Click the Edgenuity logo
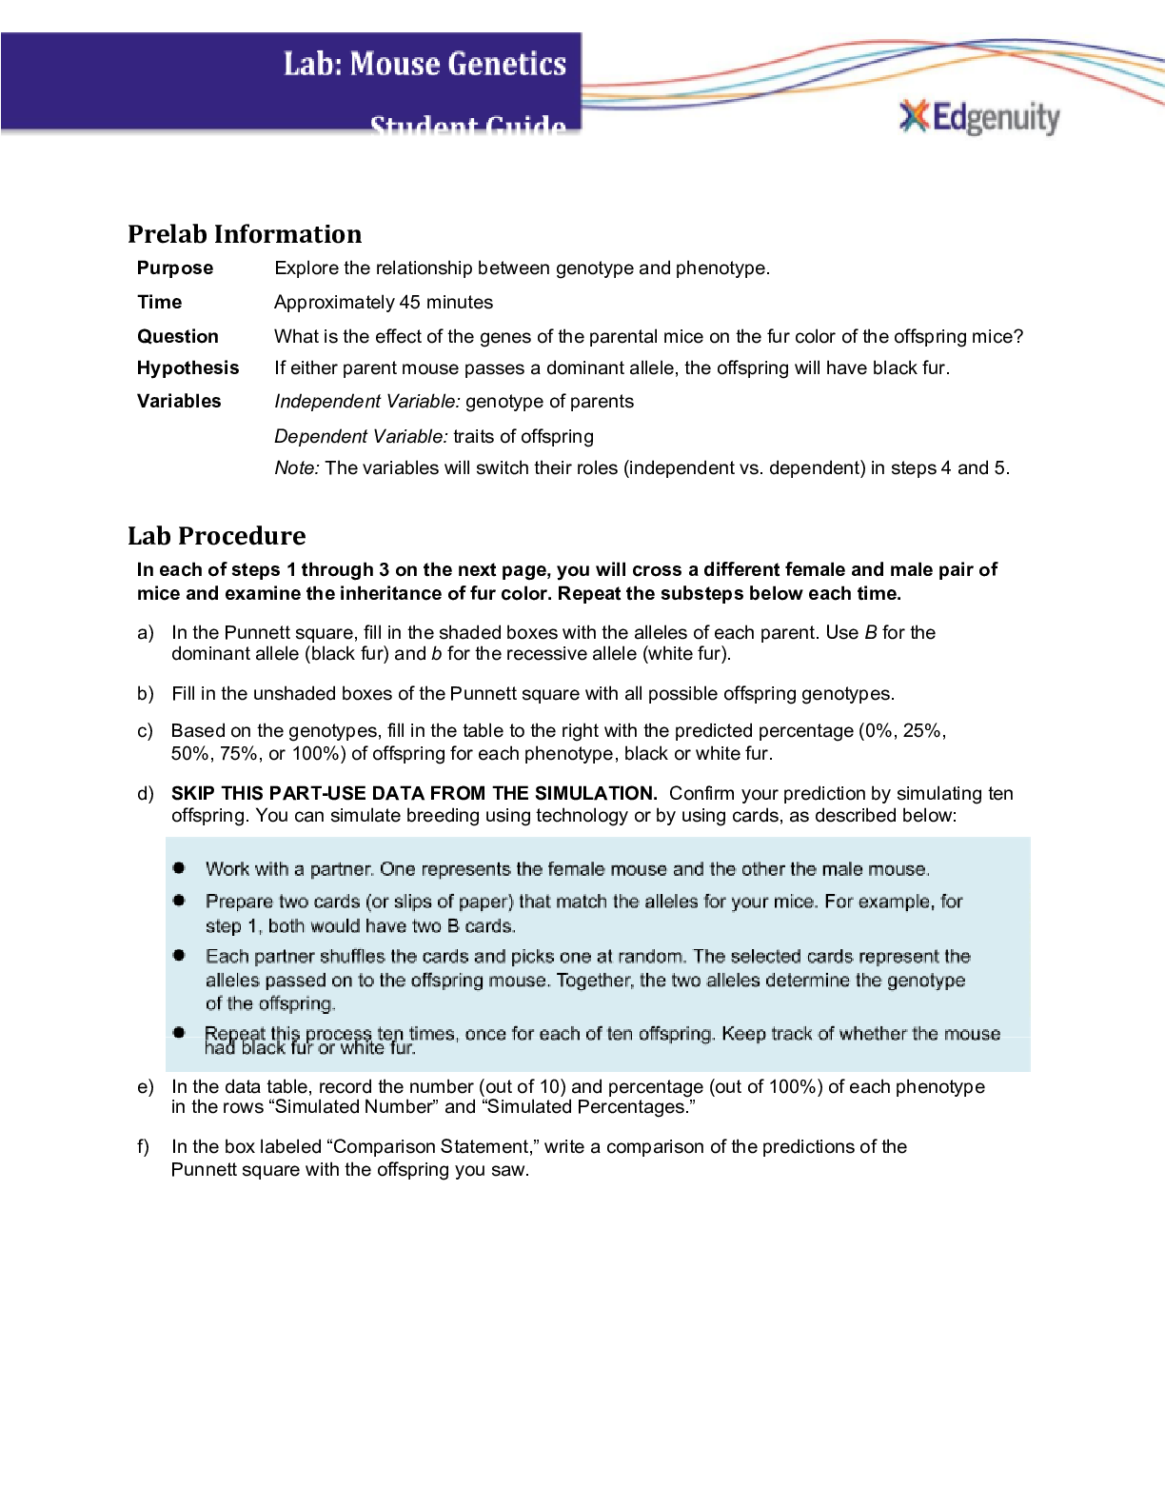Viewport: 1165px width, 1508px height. pyautogui.click(x=979, y=117)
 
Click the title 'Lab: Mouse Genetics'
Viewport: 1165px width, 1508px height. pyautogui.click(x=425, y=64)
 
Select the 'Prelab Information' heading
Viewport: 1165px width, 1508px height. pyautogui.click(x=245, y=234)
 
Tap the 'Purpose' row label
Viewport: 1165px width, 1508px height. pyautogui.click(x=175, y=268)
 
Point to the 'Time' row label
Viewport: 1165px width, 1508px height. pyautogui.click(x=159, y=302)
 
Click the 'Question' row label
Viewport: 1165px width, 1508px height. pyautogui.click(x=178, y=336)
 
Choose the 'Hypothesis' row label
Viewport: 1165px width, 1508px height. pyautogui.click(x=188, y=367)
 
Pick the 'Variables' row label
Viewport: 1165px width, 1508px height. pyautogui.click(x=179, y=401)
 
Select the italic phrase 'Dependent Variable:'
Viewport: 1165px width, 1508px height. pyautogui.click(x=361, y=436)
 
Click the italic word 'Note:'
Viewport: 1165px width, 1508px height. pyautogui.click(x=297, y=467)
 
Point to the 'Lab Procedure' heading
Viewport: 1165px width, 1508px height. pyautogui.click(x=217, y=536)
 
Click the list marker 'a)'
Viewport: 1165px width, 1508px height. pyautogui.click(x=146, y=633)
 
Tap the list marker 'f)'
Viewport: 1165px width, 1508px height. pyautogui.click(x=145, y=1146)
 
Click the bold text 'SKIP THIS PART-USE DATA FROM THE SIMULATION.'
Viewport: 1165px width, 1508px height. pyautogui.click(x=414, y=793)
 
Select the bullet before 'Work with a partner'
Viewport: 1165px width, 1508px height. pyautogui.click(x=179, y=868)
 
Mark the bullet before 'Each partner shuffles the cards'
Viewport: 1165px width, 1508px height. pyautogui.click(x=179, y=955)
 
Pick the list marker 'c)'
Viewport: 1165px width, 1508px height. pyautogui.click(x=145, y=731)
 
